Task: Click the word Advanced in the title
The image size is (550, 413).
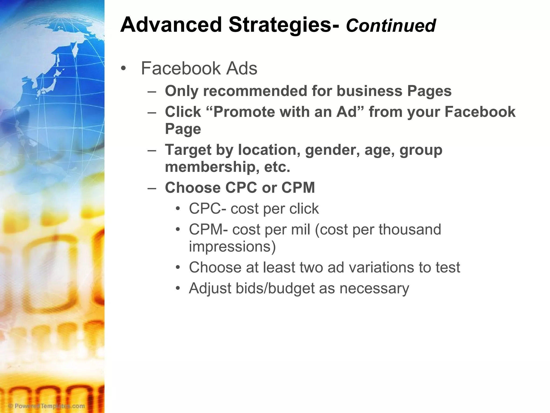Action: pyautogui.click(x=171, y=25)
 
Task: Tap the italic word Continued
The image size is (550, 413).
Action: pyautogui.click(x=391, y=26)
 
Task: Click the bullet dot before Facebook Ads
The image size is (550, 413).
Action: pyautogui.click(x=123, y=68)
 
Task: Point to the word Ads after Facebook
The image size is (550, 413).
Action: pyautogui.click(x=241, y=68)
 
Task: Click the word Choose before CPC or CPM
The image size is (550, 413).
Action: pyautogui.click(x=193, y=188)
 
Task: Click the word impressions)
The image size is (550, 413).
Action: pyautogui.click(x=232, y=247)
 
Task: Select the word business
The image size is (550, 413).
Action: pyautogui.click(x=369, y=91)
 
